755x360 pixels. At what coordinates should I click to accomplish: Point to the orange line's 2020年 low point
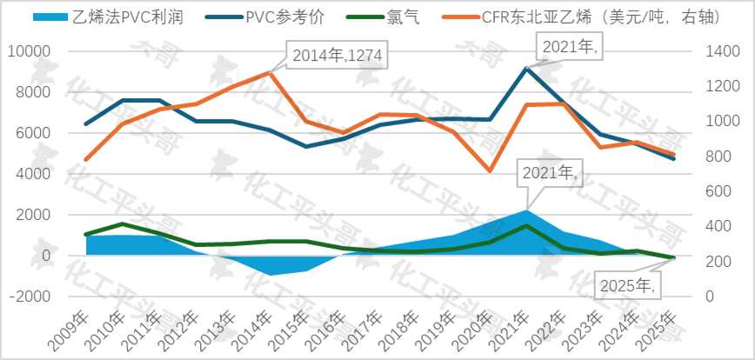pyautogui.click(x=491, y=170)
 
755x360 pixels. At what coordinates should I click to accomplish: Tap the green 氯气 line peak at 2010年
pyautogui.click(x=122, y=224)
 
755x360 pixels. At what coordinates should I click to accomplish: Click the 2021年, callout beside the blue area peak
pyautogui.click(x=548, y=173)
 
